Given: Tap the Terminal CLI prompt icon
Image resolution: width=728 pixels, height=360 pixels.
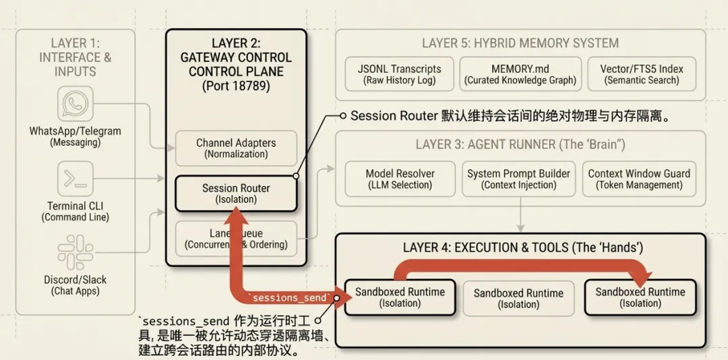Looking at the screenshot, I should (x=75, y=179).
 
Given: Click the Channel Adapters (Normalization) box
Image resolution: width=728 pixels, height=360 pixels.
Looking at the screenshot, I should (x=236, y=148).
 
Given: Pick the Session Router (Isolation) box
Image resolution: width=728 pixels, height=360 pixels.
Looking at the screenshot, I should (x=236, y=193).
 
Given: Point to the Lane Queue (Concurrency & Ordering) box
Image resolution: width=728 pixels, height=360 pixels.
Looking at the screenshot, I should (x=236, y=239).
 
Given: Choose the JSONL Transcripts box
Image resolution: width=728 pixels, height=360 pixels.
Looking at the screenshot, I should (x=400, y=74).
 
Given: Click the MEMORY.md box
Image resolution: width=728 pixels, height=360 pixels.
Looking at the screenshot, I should (x=520, y=74).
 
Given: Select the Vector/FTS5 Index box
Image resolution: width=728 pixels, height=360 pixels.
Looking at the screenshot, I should (x=642, y=74).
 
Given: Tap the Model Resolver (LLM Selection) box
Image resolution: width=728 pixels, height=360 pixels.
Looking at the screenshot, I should (x=400, y=179).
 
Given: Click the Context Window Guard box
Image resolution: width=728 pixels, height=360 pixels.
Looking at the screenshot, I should (x=639, y=179).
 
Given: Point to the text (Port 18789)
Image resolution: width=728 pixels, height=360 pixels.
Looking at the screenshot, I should (x=236, y=86).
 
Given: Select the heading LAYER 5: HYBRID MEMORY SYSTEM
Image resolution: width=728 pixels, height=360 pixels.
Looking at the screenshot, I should (x=520, y=43).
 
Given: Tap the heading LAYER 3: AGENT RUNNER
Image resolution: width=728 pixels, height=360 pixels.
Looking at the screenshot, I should (x=520, y=144).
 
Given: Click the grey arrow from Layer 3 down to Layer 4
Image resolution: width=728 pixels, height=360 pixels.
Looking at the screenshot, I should (x=520, y=219).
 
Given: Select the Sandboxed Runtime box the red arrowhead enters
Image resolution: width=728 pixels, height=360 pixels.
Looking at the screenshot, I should (x=640, y=297).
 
